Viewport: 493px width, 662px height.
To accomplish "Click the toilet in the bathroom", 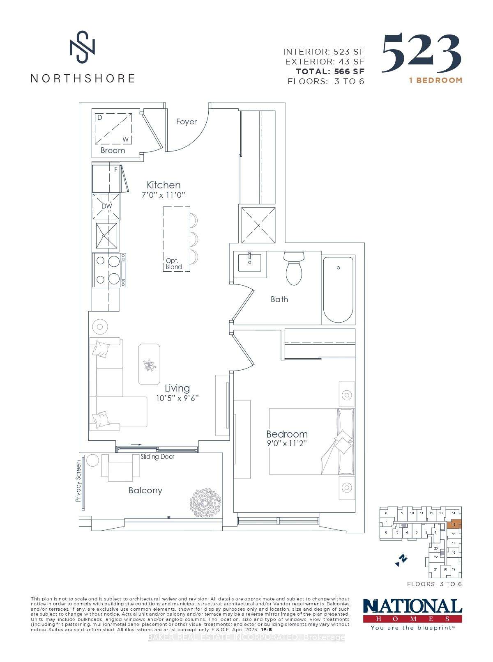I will (294, 269).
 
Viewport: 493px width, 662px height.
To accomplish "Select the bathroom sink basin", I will (250, 264).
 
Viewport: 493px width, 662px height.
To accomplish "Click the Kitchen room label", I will (164, 185).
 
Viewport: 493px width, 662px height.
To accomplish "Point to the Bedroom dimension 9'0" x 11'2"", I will (287, 444).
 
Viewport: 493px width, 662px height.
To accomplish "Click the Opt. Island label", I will (173, 264).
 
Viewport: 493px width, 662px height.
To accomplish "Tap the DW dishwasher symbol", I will (106, 206).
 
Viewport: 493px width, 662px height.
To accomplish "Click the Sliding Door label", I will (157, 456).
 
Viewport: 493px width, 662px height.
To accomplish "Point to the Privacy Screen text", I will (78, 481).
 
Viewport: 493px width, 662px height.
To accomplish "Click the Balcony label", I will (145, 490).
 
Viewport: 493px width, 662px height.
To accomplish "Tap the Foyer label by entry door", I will (186, 121).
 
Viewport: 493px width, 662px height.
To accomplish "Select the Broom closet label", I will (113, 151).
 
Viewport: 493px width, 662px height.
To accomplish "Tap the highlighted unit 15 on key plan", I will (454, 525).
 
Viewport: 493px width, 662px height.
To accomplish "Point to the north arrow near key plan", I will (401, 560).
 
